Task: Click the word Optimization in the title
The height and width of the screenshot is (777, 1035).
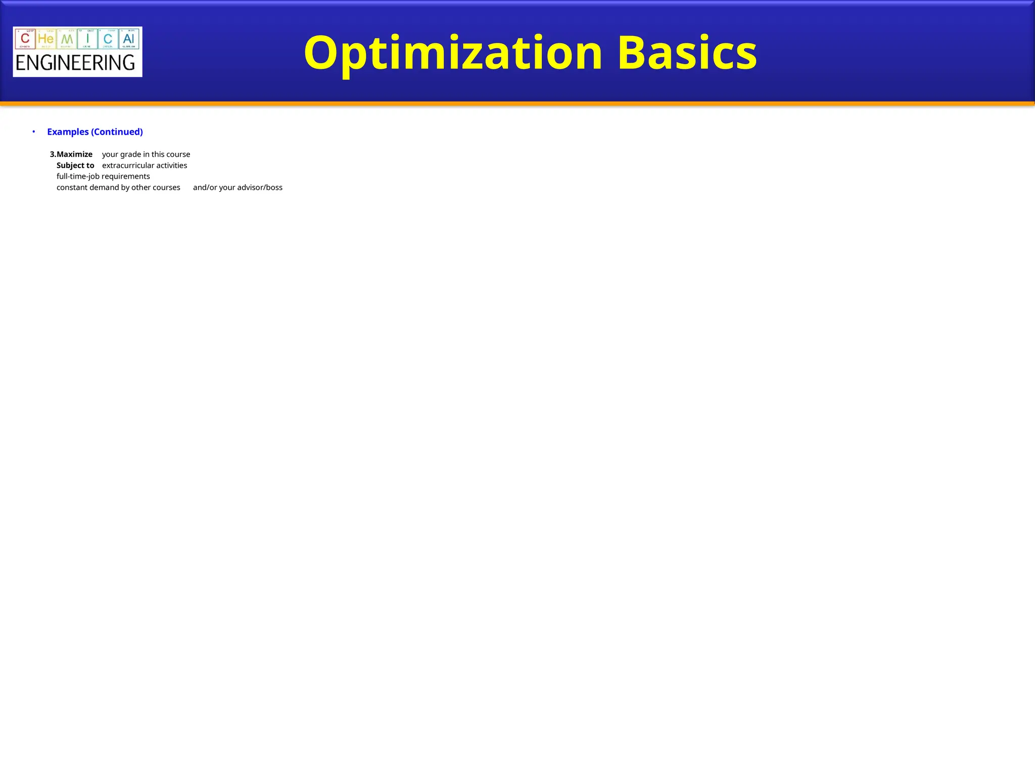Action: click(x=453, y=53)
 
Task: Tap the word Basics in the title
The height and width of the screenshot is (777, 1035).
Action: click(x=687, y=53)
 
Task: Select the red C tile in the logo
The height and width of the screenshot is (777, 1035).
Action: click(x=25, y=38)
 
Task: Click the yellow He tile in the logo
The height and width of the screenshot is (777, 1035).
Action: click(x=45, y=38)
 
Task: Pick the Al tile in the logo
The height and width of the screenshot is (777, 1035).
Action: click(x=128, y=38)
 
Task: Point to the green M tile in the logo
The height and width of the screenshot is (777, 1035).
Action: click(x=67, y=38)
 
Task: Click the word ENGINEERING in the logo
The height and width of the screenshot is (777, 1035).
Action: click(x=75, y=63)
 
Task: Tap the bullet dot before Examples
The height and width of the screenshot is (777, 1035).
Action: click(x=34, y=132)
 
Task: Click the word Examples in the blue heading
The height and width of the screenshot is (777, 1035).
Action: click(x=68, y=132)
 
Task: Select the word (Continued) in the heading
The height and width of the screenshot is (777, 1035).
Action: click(x=117, y=132)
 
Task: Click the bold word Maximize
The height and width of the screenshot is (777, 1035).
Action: click(x=74, y=154)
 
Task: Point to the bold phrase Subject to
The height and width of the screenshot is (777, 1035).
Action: click(x=75, y=165)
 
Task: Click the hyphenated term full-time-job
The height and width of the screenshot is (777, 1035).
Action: click(x=78, y=177)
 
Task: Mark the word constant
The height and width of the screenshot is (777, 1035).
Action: click(x=72, y=188)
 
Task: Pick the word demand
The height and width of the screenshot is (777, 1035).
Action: click(x=104, y=188)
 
